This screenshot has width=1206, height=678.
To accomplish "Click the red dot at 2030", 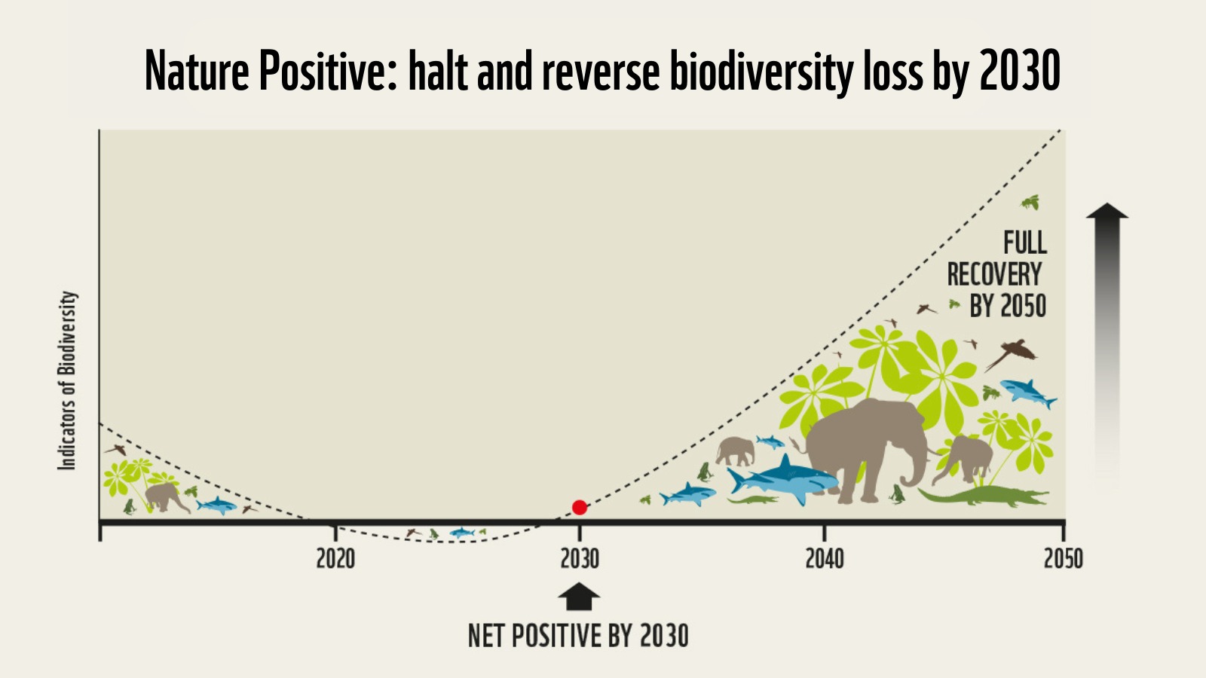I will tap(579, 508).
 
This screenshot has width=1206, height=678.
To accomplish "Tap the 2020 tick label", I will tap(335, 559).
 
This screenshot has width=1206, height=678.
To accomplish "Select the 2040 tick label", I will tap(825, 559).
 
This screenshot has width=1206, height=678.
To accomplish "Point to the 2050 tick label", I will tap(1063, 559).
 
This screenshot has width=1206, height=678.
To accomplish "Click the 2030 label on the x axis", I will tap(580, 559).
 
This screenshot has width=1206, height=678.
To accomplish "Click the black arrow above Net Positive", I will tap(579, 597).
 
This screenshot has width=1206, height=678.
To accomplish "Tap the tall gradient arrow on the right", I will tap(1107, 339).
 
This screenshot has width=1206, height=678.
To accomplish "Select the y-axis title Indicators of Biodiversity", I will tap(68, 380).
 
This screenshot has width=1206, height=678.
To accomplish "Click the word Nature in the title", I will tap(197, 72).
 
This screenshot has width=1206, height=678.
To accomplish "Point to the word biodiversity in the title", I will tap(761, 72).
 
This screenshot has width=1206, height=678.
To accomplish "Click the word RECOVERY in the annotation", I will tap(994, 275).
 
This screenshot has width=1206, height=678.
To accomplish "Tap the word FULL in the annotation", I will tap(1024, 243).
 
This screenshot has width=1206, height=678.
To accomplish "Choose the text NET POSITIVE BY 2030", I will tap(578, 636).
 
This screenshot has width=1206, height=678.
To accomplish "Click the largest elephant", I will tap(867, 448).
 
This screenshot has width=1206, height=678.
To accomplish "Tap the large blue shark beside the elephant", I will tap(784, 478).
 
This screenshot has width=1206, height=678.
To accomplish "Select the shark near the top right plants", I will tap(1027, 392).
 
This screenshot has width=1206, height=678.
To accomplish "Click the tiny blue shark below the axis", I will tap(461, 533).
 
